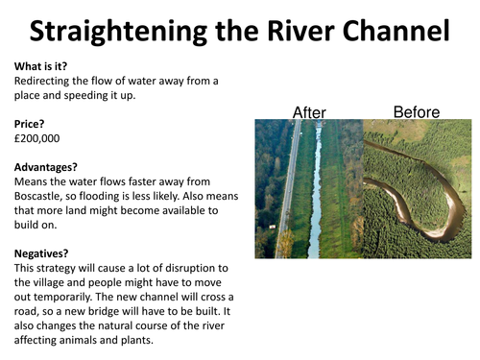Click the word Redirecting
click(46, 82)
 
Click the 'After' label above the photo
click(309, 112)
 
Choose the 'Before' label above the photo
click(416, 112)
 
